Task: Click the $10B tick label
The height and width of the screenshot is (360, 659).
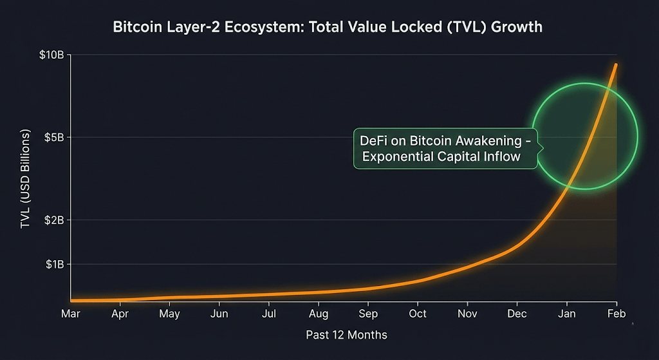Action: coord(51,55)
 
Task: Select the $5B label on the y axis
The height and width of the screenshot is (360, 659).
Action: coord(53,137)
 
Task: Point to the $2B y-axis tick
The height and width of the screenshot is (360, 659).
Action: coord(53,220)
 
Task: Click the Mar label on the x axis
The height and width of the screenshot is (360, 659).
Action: coord(71,314)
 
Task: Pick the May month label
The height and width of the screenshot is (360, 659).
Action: coord(169,314)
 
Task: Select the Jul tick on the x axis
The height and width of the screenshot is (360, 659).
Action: coord(269,314)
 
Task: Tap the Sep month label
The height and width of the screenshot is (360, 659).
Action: coord(368,314)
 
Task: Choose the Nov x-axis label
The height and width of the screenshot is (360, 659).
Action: coord(467,314)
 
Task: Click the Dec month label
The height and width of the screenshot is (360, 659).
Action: coord(517,314)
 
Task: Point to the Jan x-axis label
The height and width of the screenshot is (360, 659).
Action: coord(566,314)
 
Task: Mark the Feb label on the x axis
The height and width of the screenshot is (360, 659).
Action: coord(617,314)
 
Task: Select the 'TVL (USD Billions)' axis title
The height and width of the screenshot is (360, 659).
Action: coord(26,178)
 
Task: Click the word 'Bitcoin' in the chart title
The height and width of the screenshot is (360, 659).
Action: coord(136,27)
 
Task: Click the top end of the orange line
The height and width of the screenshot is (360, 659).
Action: coord(616,64)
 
